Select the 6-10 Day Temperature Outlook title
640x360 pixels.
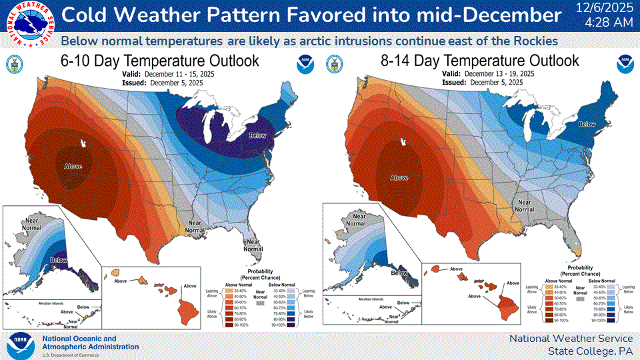tap(159, 61)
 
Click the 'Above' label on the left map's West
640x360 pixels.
tap(73, 166)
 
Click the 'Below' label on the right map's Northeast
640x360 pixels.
tap(587, 124)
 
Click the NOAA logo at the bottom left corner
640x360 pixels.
tap(20, 345)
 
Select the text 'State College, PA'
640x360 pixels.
tap(590, 351)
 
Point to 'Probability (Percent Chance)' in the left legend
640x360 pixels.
tap(252, 274)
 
